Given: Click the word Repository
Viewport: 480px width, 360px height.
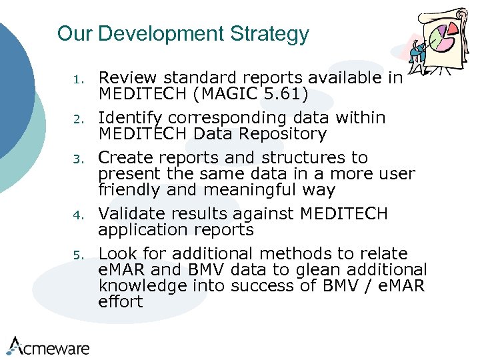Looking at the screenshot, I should point(285,134).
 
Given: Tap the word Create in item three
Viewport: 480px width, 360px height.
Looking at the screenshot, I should point(124,158).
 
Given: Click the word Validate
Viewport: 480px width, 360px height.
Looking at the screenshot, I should point(130,214).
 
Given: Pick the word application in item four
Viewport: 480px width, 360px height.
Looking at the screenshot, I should point(139,230).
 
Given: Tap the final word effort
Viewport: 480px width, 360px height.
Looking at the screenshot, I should point(121,302).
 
